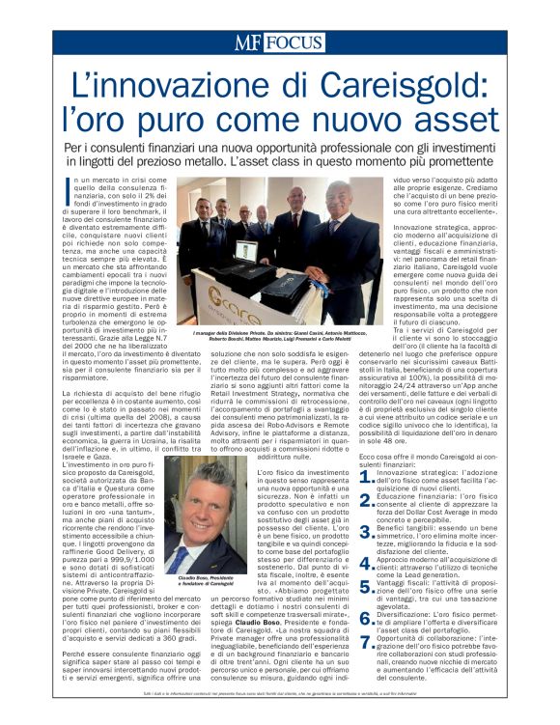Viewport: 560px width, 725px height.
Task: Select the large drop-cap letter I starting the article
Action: pos(70,186)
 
